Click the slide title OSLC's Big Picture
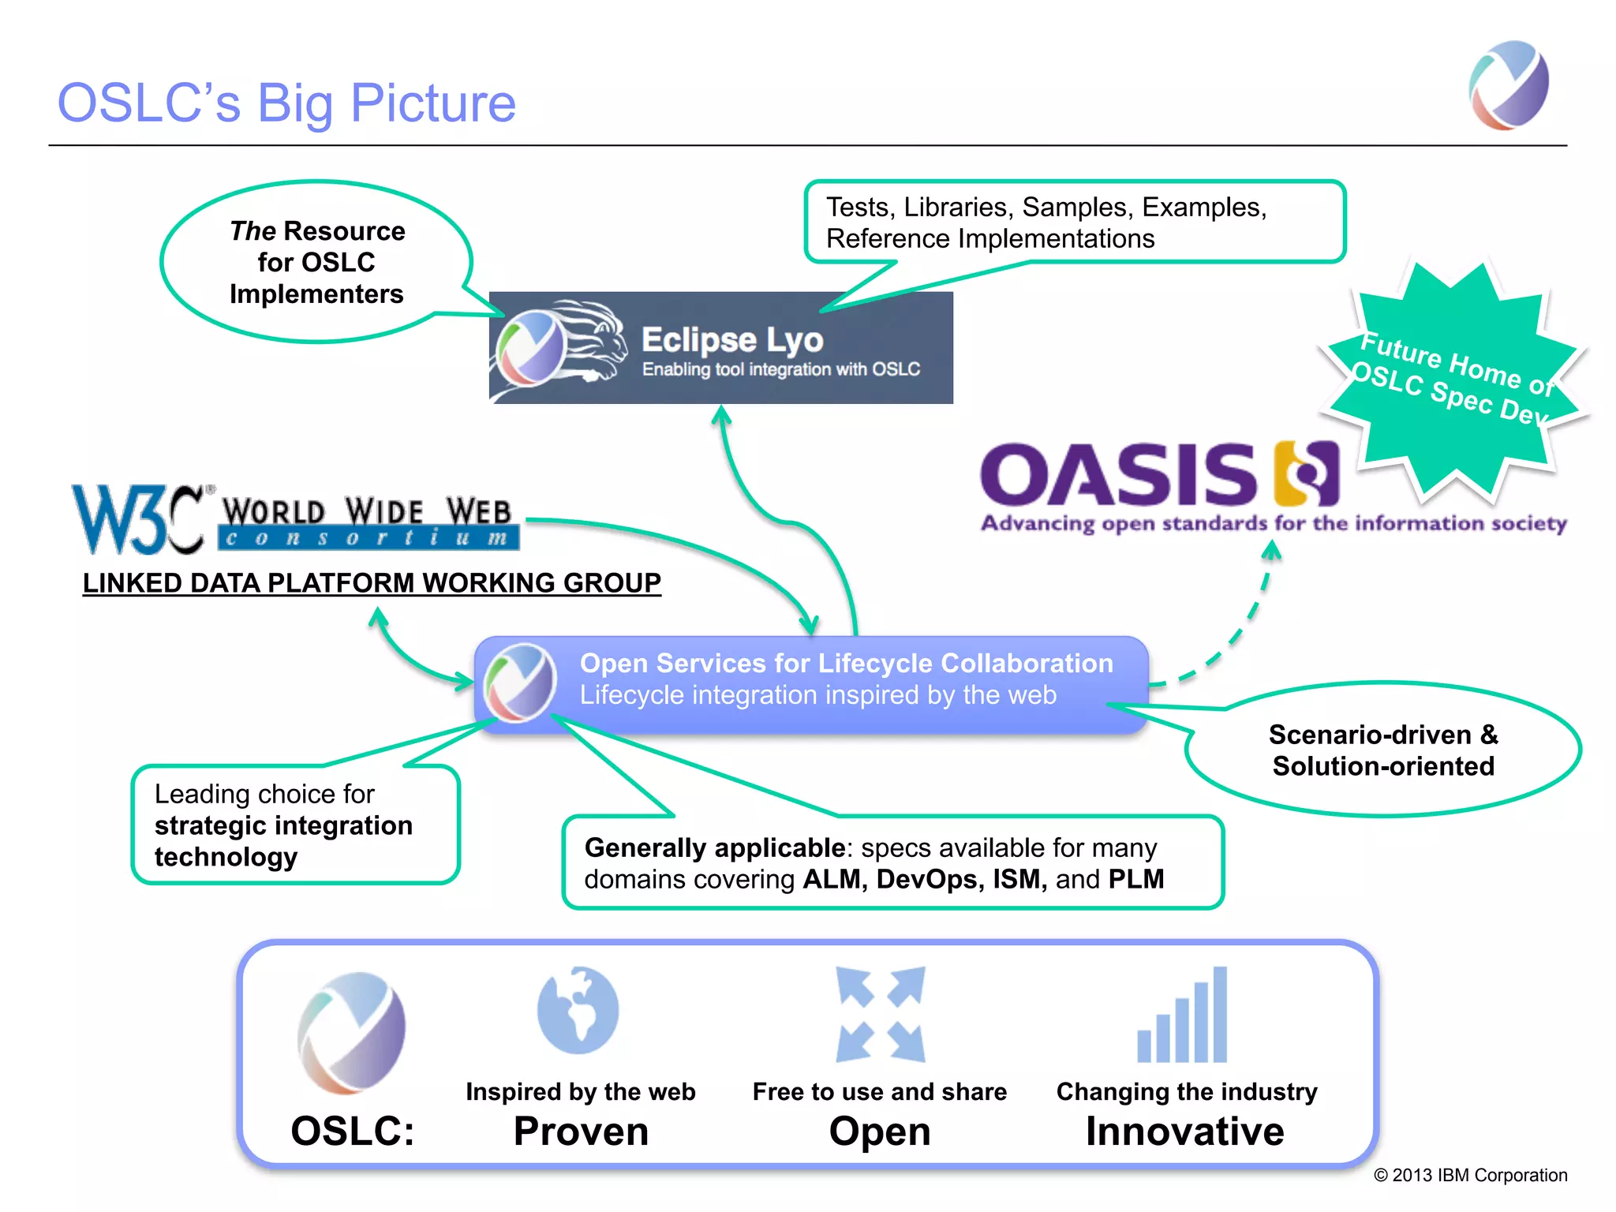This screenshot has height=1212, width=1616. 286,103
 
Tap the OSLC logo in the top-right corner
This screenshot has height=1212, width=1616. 1509,85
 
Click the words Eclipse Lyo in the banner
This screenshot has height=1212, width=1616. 732,340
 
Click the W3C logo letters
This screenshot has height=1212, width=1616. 138,519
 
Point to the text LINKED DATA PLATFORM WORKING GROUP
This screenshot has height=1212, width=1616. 372,583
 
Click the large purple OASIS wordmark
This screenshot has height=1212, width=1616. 1117,475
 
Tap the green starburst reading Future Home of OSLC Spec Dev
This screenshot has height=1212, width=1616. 1454,381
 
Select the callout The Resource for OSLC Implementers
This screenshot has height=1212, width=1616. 316,262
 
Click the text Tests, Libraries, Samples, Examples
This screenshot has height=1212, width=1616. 1046,208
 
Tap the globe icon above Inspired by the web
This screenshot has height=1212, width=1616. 578,1011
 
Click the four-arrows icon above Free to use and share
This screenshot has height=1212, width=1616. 880,1015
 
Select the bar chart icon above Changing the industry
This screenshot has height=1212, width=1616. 1182,1016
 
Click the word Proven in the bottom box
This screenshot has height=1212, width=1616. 581,1132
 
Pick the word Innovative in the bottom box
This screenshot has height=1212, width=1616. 1184,1132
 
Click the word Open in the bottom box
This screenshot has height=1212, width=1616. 879,1132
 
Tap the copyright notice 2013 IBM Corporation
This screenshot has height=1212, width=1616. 1470,1175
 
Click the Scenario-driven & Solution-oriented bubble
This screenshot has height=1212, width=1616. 1382,750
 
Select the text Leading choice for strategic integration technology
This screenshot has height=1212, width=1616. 283,825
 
